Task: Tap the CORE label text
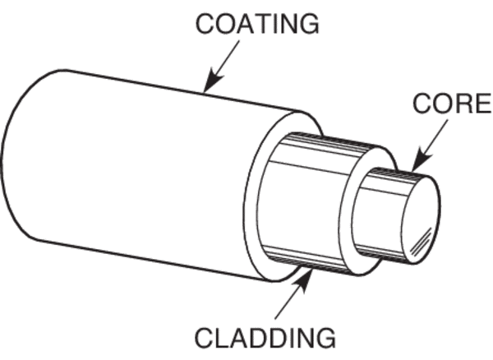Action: click(x=451, y=105)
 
